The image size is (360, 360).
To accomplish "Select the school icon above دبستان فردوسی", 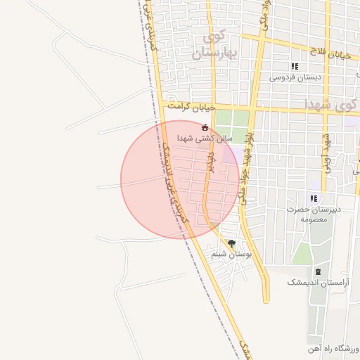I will point(295,66).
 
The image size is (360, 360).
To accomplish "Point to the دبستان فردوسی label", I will point(295,77).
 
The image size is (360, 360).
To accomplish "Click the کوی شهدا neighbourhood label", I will point(330,104).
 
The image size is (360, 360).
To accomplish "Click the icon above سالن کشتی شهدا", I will point(205,128).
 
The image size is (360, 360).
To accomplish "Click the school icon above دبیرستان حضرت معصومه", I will point(313,198).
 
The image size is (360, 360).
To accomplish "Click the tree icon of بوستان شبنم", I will point(231,243).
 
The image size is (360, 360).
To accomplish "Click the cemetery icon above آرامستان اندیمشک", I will point(319,271).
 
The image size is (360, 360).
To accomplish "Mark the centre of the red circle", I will point(180,179).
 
